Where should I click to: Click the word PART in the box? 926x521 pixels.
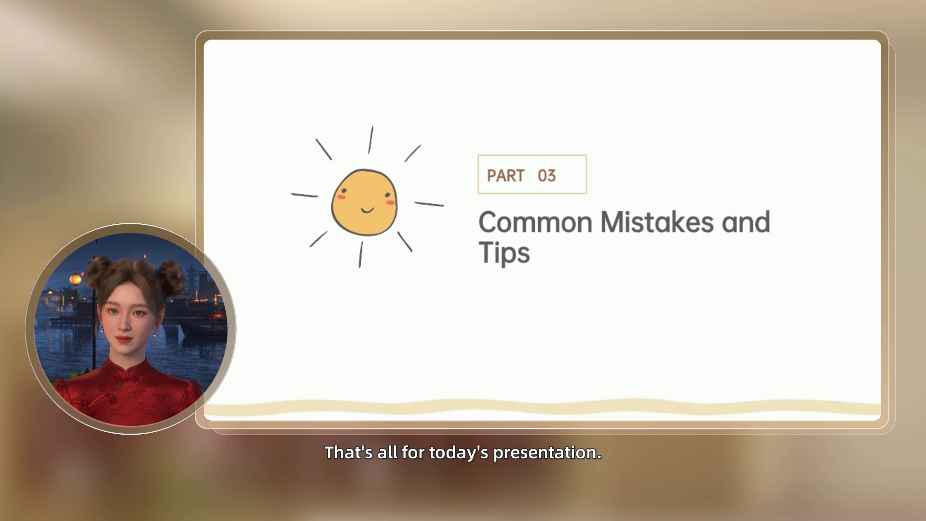click(505, 176)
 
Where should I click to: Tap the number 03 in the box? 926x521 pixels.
click(547, 176)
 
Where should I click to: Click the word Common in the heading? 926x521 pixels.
click(535, 222)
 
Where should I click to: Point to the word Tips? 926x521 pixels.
click(504, 253)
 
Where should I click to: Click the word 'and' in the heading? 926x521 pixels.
click(746, 222)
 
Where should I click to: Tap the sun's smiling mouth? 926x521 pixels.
click(367, 210)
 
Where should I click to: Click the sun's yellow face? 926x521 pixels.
click(364, 202)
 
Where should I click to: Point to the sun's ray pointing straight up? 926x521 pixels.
click(370, 140)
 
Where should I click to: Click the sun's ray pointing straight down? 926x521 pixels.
click(361, 254)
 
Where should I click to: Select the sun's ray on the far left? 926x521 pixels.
click(304, 195)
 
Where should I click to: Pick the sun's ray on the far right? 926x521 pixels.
click(429, 204)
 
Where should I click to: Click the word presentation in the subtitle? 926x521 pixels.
click(547, 453)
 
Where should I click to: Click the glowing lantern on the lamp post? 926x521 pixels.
click(75, 279)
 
